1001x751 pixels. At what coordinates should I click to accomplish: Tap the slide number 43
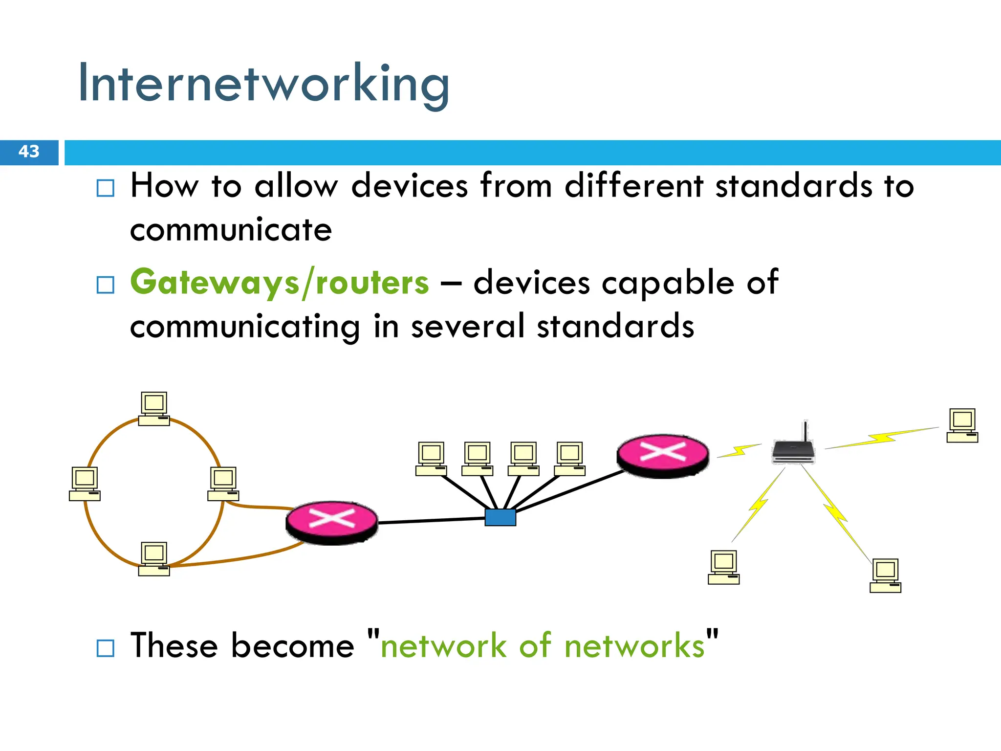click(x=29, y=152)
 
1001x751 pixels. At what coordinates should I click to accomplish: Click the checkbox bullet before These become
click(x=106, y=648)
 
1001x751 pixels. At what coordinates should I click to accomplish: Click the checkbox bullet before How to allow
click(x=106, y=188)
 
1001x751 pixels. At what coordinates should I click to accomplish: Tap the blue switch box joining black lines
click(x=500, y=517)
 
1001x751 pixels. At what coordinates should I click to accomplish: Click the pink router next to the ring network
click(x=331, y=521)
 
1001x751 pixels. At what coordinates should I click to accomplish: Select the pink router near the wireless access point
click(x=662, y=455)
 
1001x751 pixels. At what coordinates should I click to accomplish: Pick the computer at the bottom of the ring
click(x=154, y=559)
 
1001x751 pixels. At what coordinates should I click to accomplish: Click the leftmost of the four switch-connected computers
click(x=431, y=459)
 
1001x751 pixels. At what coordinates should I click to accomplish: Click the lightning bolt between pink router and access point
click(x=739, y=450)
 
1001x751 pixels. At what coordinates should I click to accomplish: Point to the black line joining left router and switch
click(x=430, y=521)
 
